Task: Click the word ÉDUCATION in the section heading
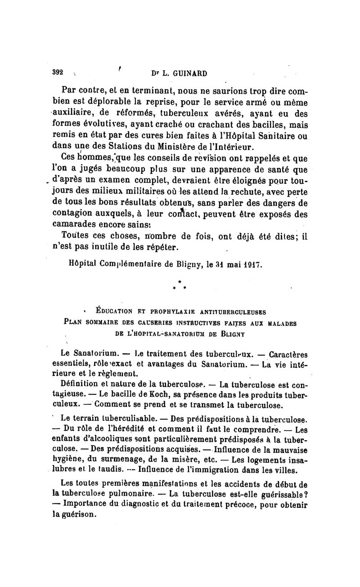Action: [117, 310]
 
